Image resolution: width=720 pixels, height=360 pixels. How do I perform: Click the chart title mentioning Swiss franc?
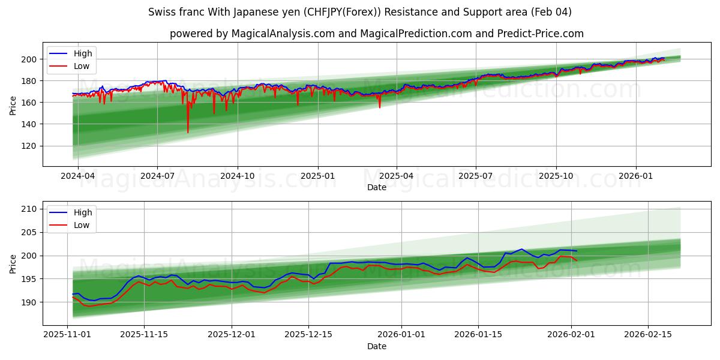(360, 12)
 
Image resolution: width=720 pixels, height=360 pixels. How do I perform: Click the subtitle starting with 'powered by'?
(376, 34)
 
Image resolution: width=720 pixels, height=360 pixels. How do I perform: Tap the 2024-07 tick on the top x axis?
(157, 176)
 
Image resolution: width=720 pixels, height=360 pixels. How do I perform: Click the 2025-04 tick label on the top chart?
(396, 176)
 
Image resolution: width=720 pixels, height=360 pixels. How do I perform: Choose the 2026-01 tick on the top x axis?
(635, 176)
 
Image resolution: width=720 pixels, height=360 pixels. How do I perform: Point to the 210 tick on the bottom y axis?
(30, 209)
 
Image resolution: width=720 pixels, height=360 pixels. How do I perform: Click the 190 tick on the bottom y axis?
(30, 302)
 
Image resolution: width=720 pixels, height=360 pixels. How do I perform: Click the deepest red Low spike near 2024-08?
(188, 132)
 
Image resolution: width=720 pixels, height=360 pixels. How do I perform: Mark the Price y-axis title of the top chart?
(13, 105)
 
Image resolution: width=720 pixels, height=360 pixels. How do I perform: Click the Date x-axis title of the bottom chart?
(376, 347)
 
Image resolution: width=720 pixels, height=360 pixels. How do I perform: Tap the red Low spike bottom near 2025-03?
(379, 107)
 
